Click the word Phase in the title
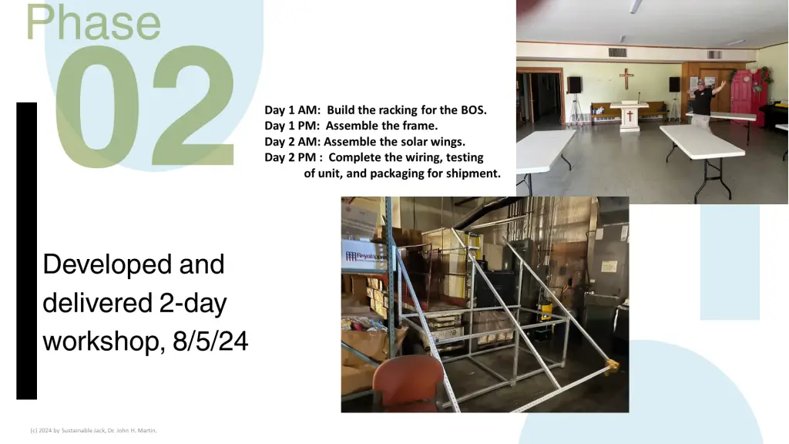(93, 22)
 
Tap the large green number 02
(145, 106)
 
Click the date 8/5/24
(210, 341)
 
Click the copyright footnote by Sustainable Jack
(93, 430)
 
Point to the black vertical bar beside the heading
(27, 251)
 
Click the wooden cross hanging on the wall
(626, 79)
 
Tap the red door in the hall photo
(747, 99)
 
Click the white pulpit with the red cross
(629, 116)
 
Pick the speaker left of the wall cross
(573, 85)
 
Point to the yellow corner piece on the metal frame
(611, 366)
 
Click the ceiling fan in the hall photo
(636, 6)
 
